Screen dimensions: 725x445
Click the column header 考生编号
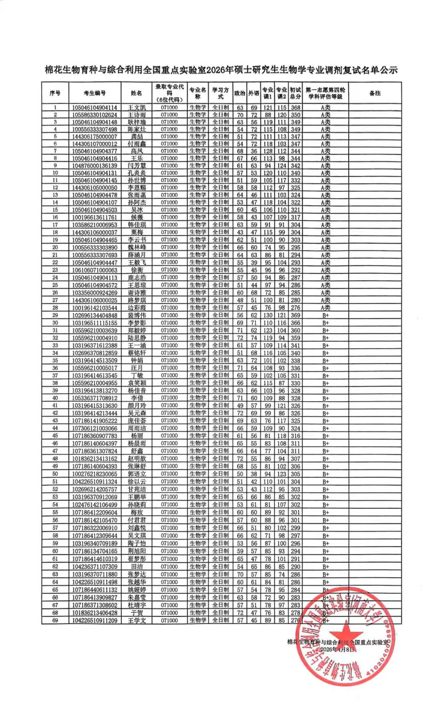[x=95, y=93]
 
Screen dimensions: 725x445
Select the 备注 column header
[x=375, y=93]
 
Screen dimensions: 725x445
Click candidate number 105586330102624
[x=95, y=115]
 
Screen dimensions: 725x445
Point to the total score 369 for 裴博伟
[x=296, y=315]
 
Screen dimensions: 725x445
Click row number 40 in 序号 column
[x=55, y=398]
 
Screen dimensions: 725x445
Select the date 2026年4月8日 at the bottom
[x=338, y=649]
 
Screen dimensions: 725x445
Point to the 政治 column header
[x=240, y=93]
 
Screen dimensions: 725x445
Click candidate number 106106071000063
[x=95, y=270]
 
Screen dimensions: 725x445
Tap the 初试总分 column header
[x=296, y=93]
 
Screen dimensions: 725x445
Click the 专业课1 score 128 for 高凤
[x=268, y=151]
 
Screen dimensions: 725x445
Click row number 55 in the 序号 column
[x=55, y=512]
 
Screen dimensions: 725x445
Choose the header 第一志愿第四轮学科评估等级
[x=325, y=93]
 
